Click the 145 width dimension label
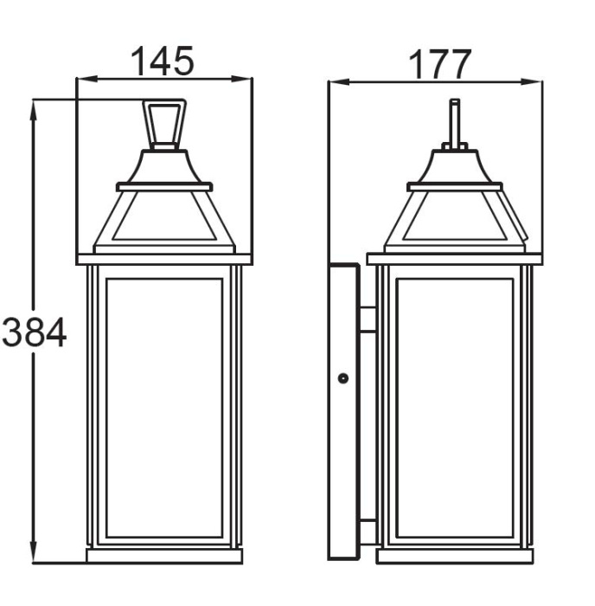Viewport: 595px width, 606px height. (162, 61)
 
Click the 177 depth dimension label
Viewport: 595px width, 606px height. (439, 64)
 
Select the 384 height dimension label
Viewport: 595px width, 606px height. (34, 332)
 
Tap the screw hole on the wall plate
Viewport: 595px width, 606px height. (343, 378)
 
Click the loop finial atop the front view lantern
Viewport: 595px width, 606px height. (164, 124)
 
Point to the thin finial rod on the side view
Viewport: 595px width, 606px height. (455, 121)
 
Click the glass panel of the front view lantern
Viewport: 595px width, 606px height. (164, 407)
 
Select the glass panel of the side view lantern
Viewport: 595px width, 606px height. (454, 407)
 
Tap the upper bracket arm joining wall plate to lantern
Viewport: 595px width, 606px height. (368, 319)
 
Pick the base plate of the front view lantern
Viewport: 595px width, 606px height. (164, 556)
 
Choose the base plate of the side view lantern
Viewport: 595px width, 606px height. (454, 556)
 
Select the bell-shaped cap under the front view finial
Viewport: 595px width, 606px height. (164, 167)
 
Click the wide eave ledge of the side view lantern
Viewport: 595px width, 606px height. (454, 258)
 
